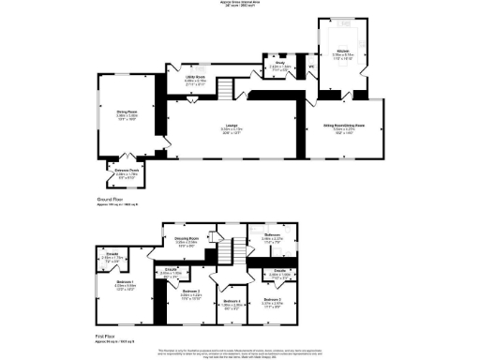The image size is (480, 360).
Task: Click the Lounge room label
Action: click(x=230, y=127)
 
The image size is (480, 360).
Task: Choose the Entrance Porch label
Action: click(x=127, y=170)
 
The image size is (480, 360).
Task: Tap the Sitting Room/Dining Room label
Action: click(x=345, y=125)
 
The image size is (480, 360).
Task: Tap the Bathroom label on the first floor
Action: click(x=273, y=235)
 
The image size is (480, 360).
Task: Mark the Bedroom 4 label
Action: click(x=232, y=301)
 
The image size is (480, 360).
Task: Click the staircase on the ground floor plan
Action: click(x=225, y=89)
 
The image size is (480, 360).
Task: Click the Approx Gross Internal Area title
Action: click(x=239, y=4)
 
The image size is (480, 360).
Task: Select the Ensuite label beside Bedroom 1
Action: click(x=112, y=254)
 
